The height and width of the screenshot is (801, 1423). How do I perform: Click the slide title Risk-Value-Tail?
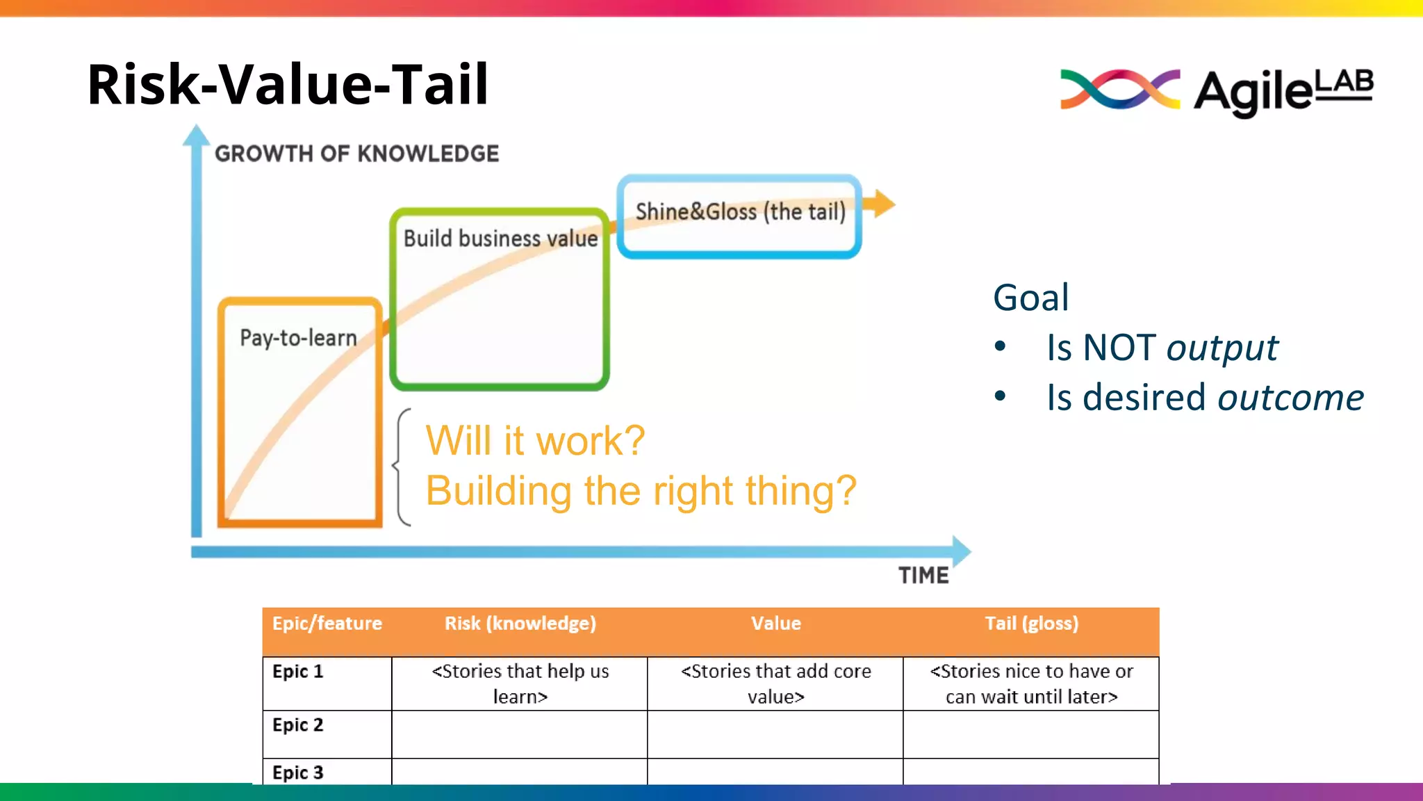click(288, 84)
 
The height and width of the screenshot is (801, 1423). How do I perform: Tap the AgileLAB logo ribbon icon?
click(1119, 90)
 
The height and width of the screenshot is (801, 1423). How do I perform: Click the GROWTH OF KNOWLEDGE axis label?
click(356, 154)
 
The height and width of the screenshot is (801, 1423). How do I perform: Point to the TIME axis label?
click(923, 575)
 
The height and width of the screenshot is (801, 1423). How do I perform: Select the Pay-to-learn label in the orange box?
click(298, 338)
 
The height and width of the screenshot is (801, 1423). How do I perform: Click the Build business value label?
click(500, 238)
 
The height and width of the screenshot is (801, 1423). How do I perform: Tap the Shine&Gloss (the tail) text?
click(741, 211)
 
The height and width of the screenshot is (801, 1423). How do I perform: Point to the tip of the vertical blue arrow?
click(197, 132)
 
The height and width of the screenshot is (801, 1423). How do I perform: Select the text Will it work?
click(535, 441)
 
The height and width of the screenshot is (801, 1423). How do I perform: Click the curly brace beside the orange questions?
click(401, 467)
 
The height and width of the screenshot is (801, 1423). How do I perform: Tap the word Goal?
click(1030, 298)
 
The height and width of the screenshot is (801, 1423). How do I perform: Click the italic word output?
click(1222, 348)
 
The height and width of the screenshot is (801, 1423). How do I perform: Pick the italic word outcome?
click(1290, 398)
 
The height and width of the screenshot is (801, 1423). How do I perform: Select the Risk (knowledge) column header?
click(520, 624)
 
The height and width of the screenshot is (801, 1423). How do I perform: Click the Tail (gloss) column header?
click(1031, 624)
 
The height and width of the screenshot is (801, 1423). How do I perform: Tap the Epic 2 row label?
click(298, 725)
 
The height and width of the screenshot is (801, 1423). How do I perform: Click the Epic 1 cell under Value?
click(775, 683)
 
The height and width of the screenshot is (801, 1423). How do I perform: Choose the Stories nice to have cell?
click(1031, 683)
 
